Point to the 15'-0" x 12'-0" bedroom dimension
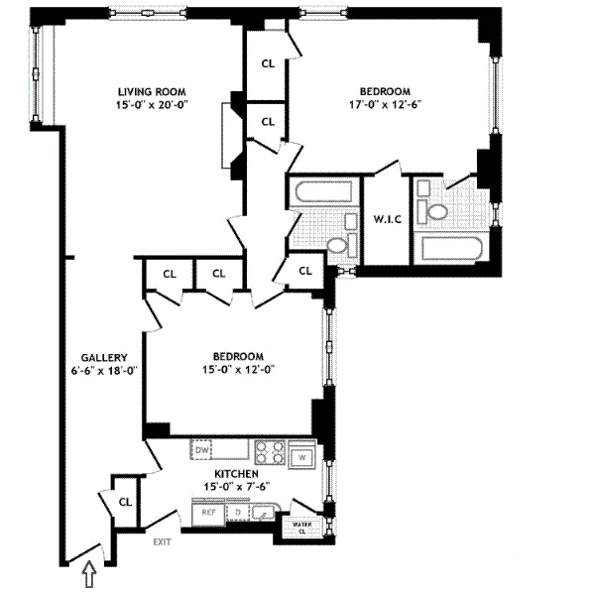(237, 370)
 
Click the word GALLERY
(102, 357)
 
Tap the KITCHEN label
(237, 475)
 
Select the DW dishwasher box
(202, 450)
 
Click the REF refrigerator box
(208, 513)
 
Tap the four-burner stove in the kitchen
(270, 452)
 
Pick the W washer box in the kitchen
(303, 456)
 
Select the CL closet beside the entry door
(125, 502)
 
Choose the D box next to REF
(237, 513)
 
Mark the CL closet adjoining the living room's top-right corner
(268, 61)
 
